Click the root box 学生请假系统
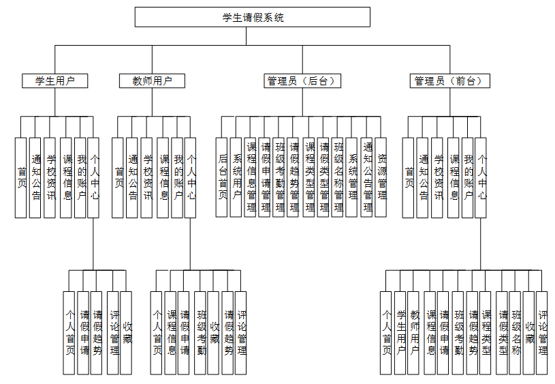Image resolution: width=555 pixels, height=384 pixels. click(253, 17)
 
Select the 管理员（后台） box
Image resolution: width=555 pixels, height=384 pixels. click(302, 81)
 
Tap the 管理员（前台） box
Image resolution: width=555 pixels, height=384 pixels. click(450, 81)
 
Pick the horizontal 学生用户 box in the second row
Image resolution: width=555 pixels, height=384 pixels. click(55, 81)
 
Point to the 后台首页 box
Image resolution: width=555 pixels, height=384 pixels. click(223, 177)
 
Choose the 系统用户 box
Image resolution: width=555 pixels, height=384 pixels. click(237, 177)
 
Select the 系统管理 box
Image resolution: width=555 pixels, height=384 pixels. click(352, 177)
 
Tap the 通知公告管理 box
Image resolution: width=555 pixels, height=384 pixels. click(367, 177)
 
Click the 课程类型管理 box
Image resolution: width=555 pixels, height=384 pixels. click(309, 177)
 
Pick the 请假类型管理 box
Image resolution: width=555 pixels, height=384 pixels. click(323, 177)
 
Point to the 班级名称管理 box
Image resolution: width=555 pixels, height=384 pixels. click(338, 177)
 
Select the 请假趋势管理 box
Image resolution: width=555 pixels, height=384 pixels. click(294, 177)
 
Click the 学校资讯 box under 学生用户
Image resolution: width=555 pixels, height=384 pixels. click(50, 177)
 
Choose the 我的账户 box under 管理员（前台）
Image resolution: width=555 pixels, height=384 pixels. click(468, 177)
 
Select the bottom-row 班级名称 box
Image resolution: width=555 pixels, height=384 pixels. click(516, 333)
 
